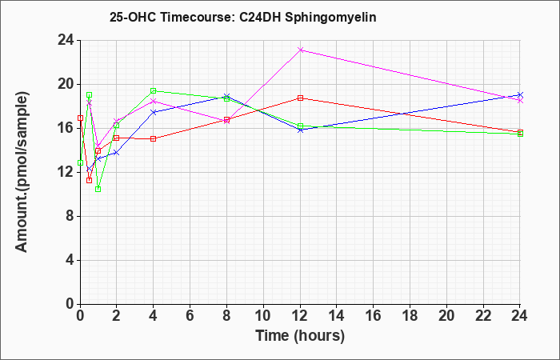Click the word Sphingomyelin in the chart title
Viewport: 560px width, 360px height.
coord(330,18)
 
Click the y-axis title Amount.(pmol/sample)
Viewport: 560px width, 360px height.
coord(22,172)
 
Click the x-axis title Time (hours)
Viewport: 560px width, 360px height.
coord(300,336)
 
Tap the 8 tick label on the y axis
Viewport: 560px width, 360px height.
coord(70,217)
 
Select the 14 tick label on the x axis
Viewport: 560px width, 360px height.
coord(337,316)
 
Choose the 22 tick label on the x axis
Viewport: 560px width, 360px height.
coord(483,316)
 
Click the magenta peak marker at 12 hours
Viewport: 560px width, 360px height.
coord(300,50)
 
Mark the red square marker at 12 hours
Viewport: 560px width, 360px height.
coord(300,98)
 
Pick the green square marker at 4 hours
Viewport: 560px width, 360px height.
coord(154,90)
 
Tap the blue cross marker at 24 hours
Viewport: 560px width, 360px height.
coord(520,95)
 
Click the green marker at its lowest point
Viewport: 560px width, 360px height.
coord(98,189)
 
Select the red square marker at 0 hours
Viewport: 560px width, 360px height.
coord(80,118)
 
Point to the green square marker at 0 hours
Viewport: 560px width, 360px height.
coord(80,163)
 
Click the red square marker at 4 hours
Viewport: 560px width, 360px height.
coord(154,138)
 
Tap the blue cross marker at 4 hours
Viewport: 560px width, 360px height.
coord(154,112)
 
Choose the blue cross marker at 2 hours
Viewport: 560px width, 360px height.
coord(117,153)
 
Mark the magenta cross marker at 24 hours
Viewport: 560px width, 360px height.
coord(520,101)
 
